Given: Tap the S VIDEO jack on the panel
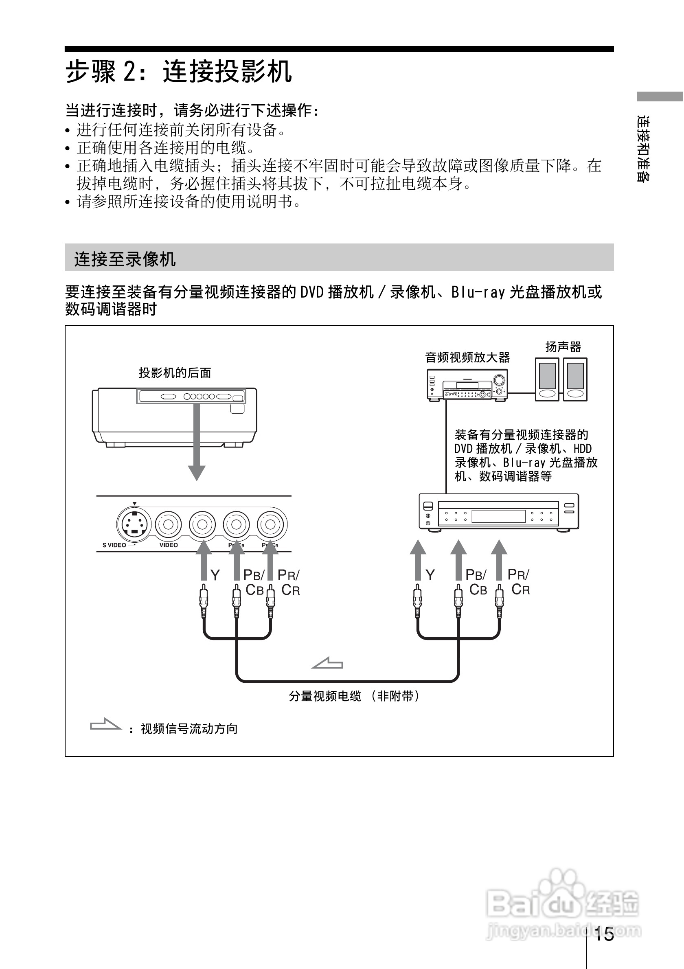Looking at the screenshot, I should click(x=134, y=524).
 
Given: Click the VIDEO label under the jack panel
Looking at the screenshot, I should click(x=169, y=545).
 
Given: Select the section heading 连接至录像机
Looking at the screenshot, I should click(x=125, y=259).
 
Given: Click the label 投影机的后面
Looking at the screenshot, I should click(x=175, y=373).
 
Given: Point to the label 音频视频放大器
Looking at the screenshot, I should click(x=467, y=358).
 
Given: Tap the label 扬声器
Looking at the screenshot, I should click(x=563, y=347).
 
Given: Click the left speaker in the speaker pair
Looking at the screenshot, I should click(x=547, y=379).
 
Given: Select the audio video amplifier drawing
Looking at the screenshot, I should click(x=467, y=384).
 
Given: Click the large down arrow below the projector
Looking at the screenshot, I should click(x=197, y=443).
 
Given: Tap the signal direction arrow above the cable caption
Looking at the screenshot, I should click(x=327, y=664).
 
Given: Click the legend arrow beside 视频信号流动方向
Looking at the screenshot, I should click(x=105, y=725).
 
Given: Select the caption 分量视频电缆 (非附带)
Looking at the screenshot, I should click(x=355, y=696).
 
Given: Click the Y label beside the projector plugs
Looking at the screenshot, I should click(x=215, y=575).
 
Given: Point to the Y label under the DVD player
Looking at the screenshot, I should click(x=430, y=575).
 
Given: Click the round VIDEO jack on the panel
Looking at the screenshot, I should click(x=169, y=524).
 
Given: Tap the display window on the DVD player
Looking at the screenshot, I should click(x=498, y=516).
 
